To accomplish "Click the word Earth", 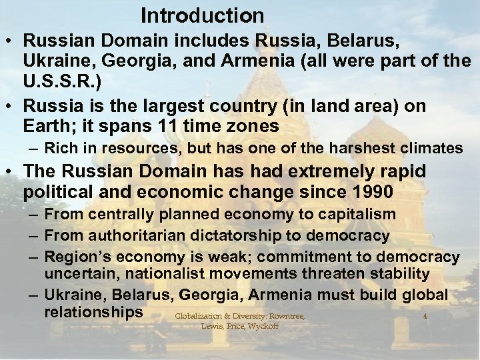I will [x=46, y=125].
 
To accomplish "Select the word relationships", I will [x=93, y=312].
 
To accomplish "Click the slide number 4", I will [x=425, y=316].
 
